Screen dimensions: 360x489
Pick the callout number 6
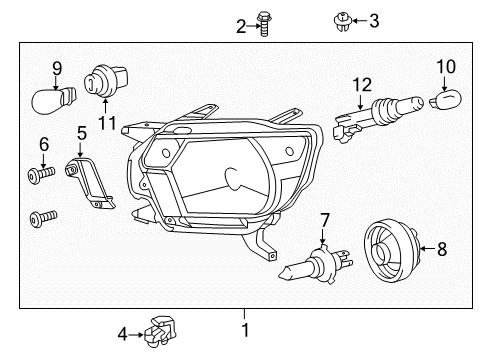pyautogui.click(x=43, y=144)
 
